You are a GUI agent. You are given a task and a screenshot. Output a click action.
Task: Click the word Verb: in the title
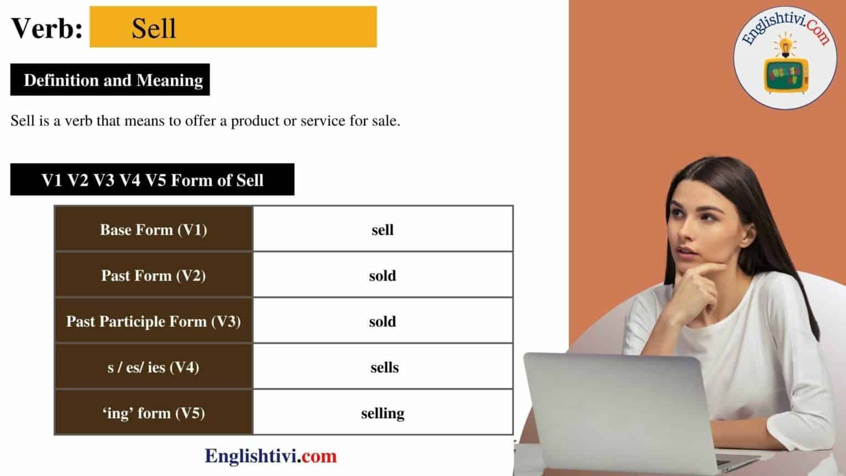pos(47,29)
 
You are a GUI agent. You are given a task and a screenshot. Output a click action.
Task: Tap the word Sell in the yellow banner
pos(154,29)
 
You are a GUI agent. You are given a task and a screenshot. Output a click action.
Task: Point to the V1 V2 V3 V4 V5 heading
pos(152,180)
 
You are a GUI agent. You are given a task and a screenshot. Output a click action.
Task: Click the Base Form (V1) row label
pos(154,230)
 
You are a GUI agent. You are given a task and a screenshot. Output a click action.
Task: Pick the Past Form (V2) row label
pos(154,275)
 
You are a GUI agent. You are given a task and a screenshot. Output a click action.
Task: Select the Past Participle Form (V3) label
pos(154,321)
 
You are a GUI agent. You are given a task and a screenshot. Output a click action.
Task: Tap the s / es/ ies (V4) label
pos(154,367)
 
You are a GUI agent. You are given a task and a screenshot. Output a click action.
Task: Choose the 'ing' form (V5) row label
pos(154,413)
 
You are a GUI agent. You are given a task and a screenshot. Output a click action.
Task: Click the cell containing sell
pos(382,230)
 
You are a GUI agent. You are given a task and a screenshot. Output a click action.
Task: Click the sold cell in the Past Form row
pos(382,275)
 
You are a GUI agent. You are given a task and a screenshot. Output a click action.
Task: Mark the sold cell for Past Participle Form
pos(382,321)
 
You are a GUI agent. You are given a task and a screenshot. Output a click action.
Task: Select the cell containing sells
pos(384,367)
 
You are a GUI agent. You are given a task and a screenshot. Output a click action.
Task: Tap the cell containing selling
pos(382,413)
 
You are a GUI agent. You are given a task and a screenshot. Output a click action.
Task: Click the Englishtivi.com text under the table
pos(270,456)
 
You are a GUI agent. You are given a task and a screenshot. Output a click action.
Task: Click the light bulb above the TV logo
pos(784,44)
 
